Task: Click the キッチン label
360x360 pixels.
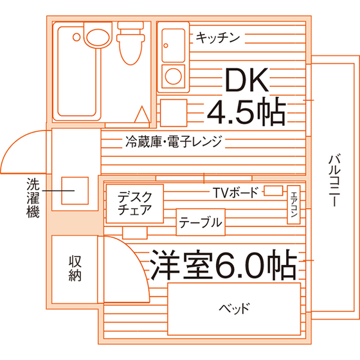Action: [x=218, y=38]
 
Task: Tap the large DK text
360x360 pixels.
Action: [x=247, y=80]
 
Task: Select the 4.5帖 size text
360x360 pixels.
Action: [x=247, y=112]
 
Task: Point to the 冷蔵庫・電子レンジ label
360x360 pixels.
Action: [x=174, y=141]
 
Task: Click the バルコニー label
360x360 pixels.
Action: [x=334, y=181]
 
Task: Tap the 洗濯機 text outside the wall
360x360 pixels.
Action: [x=33, y=198]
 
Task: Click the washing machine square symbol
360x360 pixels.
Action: [x=75, y=190]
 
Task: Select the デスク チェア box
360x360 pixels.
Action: [x=135, y=204]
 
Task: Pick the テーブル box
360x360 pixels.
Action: [x=201, y=222]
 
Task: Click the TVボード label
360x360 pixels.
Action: [x=235, y=192]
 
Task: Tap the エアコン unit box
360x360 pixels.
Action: [x=294, y=204]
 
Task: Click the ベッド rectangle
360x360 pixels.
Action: [x=234, y=309]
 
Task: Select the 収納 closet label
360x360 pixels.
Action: [x=75, y=269]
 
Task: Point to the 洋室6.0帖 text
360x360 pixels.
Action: [x=223, y=264]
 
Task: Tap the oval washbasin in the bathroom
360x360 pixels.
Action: [x=98, y=37]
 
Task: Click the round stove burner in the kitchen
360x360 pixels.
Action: [x=174, y=76]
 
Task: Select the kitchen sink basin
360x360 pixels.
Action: [x=174, y=45]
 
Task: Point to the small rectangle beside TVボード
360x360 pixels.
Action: [x=273, y=191]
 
